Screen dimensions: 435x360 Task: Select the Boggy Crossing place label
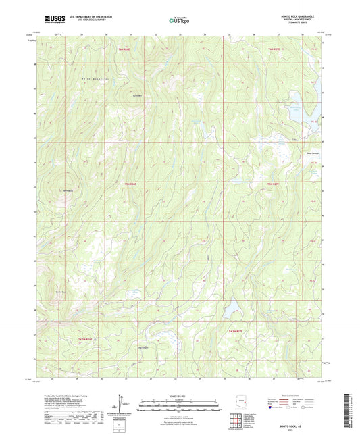click(x=304, y=152)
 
